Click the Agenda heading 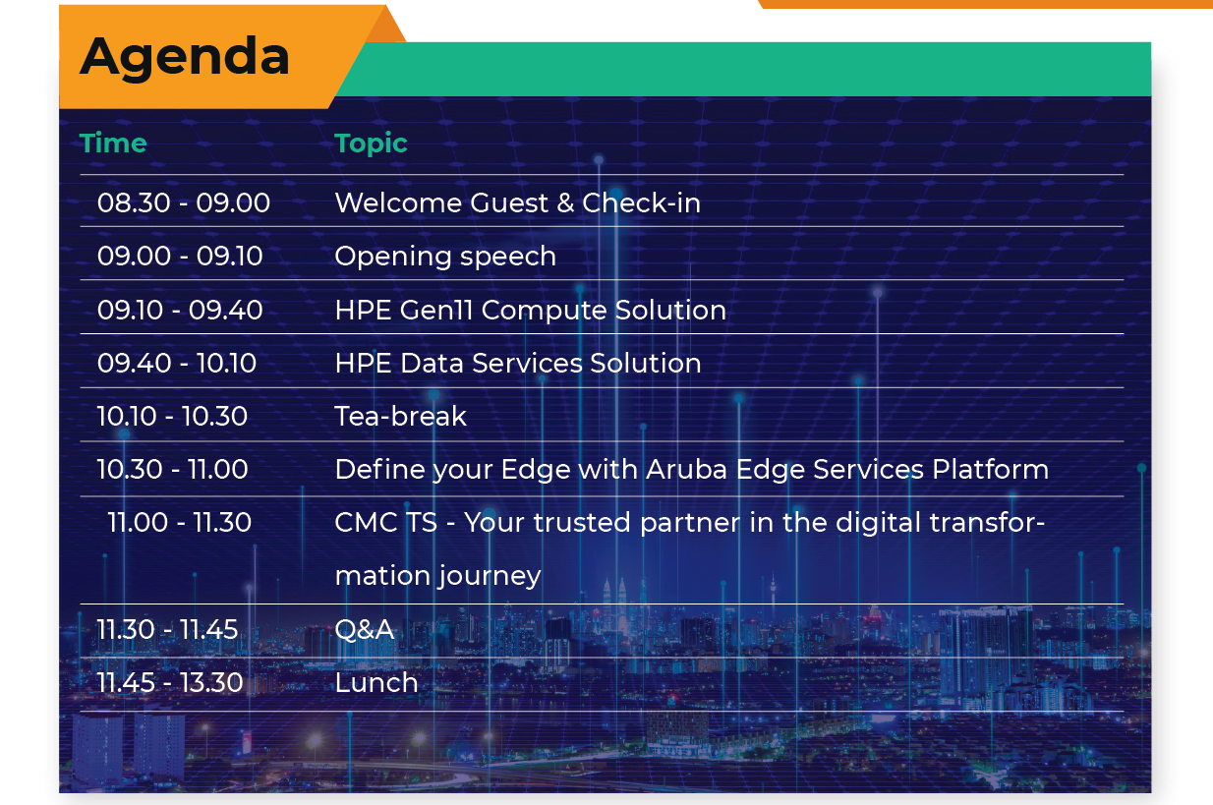[185, 58]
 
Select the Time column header [113, 143]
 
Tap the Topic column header [371, 144]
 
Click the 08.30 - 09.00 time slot [184, 203]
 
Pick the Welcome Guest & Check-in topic [518, 203]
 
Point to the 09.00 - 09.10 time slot [180, 257]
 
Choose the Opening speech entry [445, 257]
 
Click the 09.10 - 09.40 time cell [180, 311]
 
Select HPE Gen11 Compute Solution [531, 311]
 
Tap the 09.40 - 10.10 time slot [177, 364]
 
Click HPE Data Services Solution [518, 364]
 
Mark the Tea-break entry [401, 417]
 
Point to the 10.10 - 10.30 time [172, 417]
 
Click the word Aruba [686, 470]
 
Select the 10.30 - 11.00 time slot [172, 470]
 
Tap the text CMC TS [385, 522]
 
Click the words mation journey [438, 576]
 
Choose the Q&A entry [365, 630]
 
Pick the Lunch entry [376, 683]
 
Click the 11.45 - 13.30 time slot [169, 683]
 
